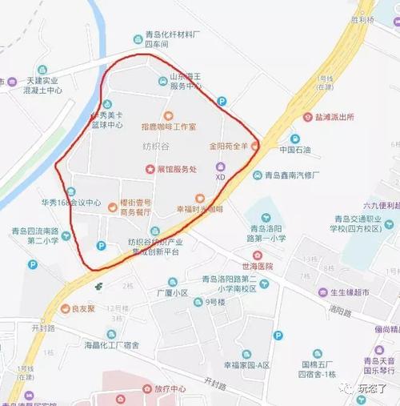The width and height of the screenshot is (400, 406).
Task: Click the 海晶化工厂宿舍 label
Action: pos(112,345)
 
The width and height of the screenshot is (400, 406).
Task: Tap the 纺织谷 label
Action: pos(156,147)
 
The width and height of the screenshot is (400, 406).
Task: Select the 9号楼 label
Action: pos(216,302)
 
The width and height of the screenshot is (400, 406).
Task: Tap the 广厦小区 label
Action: pos(172,293)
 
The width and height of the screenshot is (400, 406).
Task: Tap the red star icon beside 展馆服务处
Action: pos(150,169)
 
